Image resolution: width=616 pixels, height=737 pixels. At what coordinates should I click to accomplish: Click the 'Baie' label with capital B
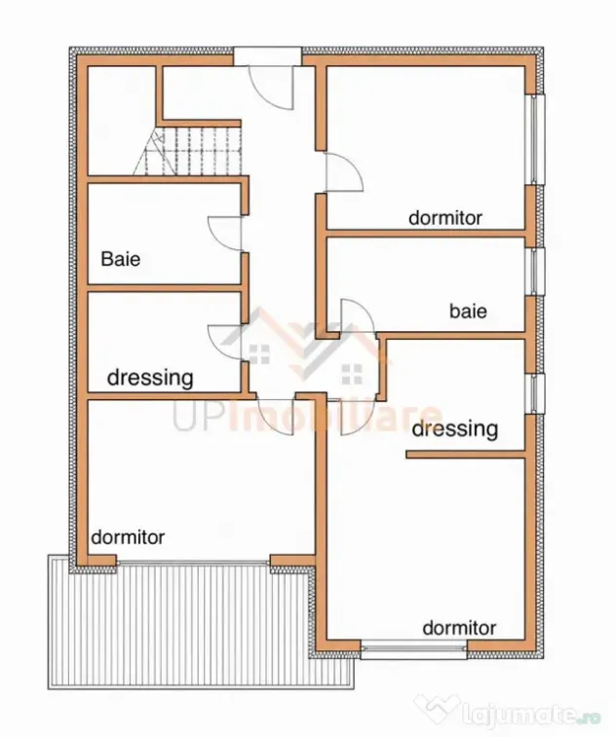[121, 259]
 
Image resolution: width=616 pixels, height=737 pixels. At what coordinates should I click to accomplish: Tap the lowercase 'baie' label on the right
[468, 312]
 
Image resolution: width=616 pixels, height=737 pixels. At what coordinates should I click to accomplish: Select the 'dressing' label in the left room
[150, 378]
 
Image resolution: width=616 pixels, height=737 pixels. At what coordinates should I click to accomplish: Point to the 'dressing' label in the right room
[454, 429]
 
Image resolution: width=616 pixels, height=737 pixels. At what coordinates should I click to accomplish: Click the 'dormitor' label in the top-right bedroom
[445, 218]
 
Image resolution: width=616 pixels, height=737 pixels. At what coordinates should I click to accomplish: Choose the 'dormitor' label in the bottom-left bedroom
[128, 536]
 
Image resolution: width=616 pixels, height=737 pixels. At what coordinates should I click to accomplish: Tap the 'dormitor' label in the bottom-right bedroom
[459, 628]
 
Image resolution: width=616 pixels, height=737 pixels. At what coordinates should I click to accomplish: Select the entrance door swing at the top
[272, 88]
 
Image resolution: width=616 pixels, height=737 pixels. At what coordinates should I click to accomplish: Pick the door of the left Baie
[225, 234]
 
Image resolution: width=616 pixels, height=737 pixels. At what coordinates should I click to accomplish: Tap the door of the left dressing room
[225, 342]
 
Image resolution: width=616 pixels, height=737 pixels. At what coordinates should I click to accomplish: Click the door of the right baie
[358, 315]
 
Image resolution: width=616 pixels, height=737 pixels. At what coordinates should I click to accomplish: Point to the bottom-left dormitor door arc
[275, 415]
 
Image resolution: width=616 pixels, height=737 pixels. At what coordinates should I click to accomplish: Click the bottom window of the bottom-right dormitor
[414, 650]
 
